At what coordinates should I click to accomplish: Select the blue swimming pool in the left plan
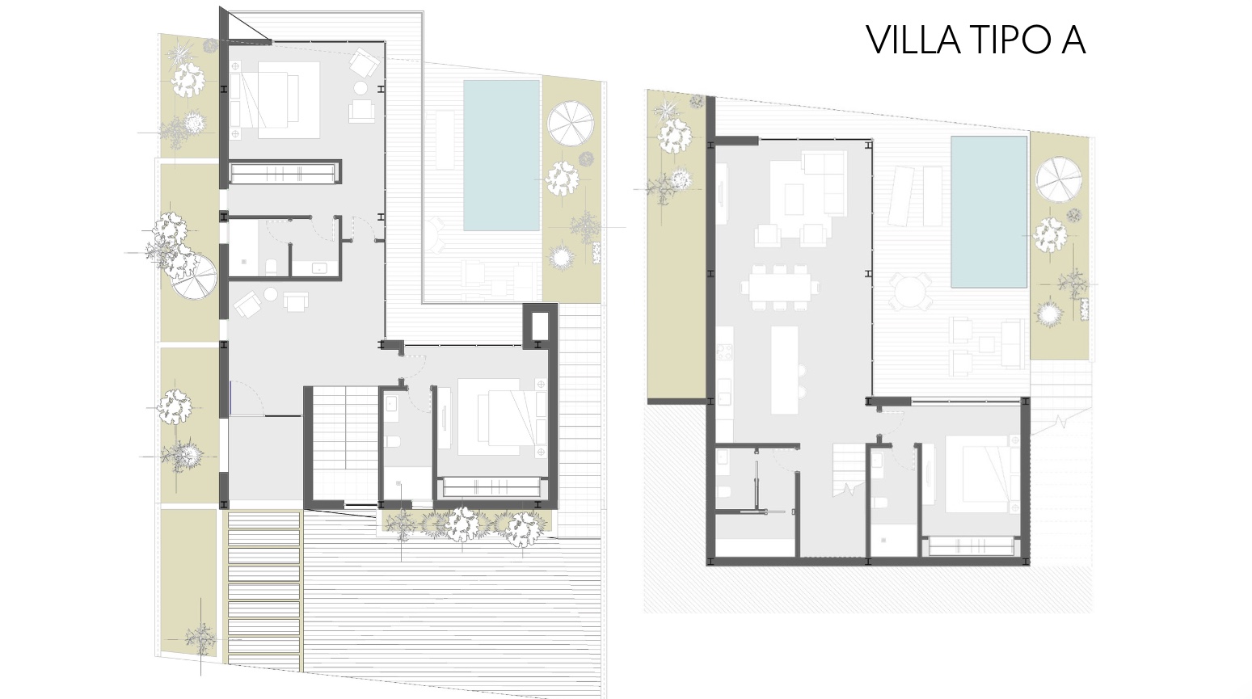click(x=501, y=155)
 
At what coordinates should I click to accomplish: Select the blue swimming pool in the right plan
click(x=989, y=211)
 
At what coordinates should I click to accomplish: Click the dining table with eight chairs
click(x=781, y=287)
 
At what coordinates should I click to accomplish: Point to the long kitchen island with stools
click(x=785, y=370)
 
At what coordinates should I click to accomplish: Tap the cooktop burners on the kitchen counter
click(x=724, y=352)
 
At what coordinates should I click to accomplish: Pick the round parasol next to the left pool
click(x=570, y=124)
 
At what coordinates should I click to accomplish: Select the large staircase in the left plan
click(x=345, y=444)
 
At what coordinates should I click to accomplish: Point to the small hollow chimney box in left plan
click(x=541, y=326)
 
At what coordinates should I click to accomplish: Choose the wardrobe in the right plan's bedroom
click(x=972, y=546)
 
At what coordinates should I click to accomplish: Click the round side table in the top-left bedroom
click(x=360, y=88)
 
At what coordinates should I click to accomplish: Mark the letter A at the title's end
click(x=1072, y=40)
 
